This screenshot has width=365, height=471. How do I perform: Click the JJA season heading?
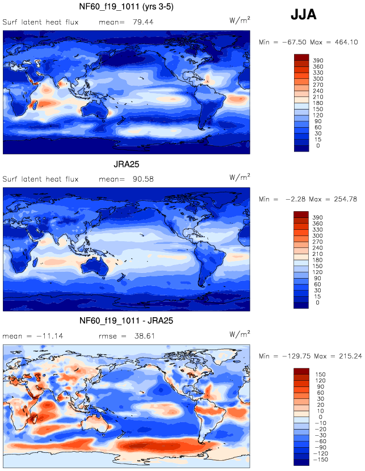pos(304,14)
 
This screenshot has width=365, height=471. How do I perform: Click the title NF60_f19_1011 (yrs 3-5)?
pos(126,7)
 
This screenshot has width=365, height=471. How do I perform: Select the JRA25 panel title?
pos(126,165)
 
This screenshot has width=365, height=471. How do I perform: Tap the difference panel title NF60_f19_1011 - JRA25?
pos(126,321)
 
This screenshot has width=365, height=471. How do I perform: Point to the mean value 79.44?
pos(143,22)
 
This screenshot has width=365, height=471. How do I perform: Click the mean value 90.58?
pos(143,179)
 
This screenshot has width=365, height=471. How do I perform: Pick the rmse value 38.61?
pos(145,336)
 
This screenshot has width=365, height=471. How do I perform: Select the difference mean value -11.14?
pos(50,336)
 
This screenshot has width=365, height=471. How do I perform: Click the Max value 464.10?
pos(346,42)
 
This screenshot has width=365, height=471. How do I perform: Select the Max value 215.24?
pos(350,356)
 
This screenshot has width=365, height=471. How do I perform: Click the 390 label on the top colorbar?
pos(318,60)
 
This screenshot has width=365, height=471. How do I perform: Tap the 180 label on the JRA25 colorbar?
pos(317,260)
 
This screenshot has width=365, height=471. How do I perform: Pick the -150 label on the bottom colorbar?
pos(320,460)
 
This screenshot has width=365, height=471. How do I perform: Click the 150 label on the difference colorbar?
pos(320,375)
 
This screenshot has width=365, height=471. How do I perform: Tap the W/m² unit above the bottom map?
pos(240,334)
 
